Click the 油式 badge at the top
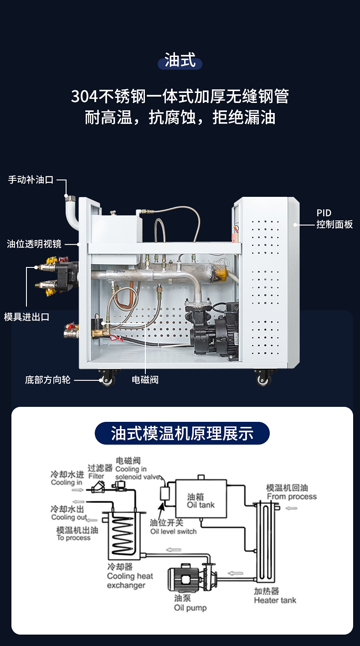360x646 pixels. click(x=180, y=61)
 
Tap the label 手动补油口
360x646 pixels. click(x=31, y=180)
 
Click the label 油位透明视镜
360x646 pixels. click(x=34, y=244)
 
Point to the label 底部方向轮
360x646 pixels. click(x=48, y=379)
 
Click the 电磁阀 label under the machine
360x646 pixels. click(x=145, y=379)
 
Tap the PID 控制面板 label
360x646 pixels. click(x=335, y=219)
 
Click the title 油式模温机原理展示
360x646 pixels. click(x=182, y=433)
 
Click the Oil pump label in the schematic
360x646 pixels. click(x=190, y=608)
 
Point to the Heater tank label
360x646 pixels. click(x=275, y=600)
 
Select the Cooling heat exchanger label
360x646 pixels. click(x=130, y=580)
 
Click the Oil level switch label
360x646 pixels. click(x=174, y=531)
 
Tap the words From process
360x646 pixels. click(x=292, y=497)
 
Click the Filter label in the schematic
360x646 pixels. click(x=97, y=476)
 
